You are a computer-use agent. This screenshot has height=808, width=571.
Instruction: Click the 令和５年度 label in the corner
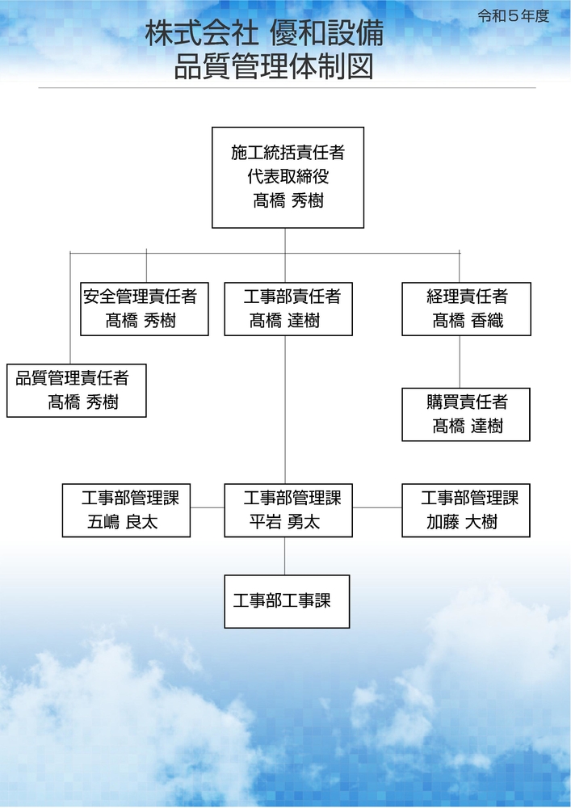tap(514, 16)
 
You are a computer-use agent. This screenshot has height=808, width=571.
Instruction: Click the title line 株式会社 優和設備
tap(264, 34)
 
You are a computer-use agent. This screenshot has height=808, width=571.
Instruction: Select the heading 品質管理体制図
tap(274, 67)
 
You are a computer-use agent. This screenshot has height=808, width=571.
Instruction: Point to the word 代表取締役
tap(288, 176)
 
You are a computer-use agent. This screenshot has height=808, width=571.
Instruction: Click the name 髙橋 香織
tap(468, 321)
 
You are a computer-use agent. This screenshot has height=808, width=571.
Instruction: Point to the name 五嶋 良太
tap(123, 522)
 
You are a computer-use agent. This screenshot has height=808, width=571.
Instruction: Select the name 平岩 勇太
tap(285, 522)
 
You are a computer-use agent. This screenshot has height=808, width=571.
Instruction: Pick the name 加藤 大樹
tap(462, 522)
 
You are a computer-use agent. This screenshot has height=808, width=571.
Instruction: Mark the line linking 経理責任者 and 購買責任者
tap(460, 362)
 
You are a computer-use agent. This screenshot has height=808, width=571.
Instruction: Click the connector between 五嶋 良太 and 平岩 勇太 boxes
tap(208, 507)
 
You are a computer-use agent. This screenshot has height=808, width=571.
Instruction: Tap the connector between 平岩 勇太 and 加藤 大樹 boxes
tap(377, 507)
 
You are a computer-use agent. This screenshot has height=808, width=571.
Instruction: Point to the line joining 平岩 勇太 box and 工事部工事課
tap(285, 556)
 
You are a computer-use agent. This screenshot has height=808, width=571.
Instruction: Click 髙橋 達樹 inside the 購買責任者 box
tap(468, 426)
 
